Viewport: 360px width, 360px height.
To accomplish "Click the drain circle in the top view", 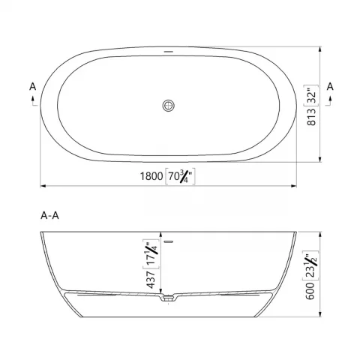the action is (x=168, y=105).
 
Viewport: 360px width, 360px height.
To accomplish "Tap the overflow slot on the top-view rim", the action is (x=169, y=52).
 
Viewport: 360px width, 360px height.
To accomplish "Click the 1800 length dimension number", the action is (x=151, y=176).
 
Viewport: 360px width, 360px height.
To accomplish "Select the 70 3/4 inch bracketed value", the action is (x=180, y=176).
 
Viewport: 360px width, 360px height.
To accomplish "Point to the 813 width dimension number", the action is (x=311, y=117).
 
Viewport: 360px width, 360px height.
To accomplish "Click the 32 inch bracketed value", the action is (x=311, y=95).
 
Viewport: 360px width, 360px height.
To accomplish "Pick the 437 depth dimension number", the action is (x=151, y=279).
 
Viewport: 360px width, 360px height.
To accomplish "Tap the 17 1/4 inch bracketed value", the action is (x=151, y=253).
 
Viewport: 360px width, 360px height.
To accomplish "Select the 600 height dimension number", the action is (x=310, y=291).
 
